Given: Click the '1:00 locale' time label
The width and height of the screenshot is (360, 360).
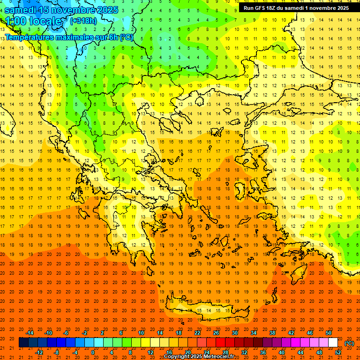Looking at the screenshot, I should coord(33,21).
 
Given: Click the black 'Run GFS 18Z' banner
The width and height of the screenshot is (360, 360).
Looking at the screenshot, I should coord(295,8).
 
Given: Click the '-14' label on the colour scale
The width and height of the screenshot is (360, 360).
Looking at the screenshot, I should coord(30,333).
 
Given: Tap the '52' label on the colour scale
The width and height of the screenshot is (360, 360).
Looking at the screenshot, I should coord(338,352).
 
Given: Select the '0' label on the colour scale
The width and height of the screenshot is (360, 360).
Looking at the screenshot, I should coord(92,352).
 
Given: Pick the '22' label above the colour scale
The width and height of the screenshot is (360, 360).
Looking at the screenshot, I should coord(197,333).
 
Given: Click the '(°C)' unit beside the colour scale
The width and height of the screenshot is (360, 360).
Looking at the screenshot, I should coord(349,343).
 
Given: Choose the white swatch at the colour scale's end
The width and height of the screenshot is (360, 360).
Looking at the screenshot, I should coord(333,343).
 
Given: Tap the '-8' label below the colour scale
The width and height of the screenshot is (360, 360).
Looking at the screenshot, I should coord(57,352).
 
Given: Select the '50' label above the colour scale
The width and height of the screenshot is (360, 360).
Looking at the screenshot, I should coord(328,333).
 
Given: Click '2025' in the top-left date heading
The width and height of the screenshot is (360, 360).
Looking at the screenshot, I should coord(107,10).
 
